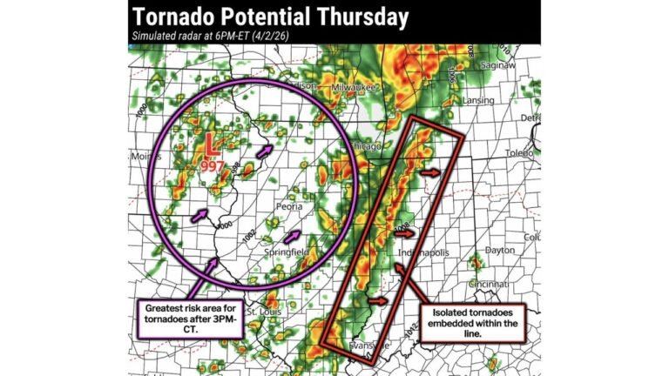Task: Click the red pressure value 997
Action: coord(212,165)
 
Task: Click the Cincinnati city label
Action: coord(486,284)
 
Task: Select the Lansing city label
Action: coord(478,101)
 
